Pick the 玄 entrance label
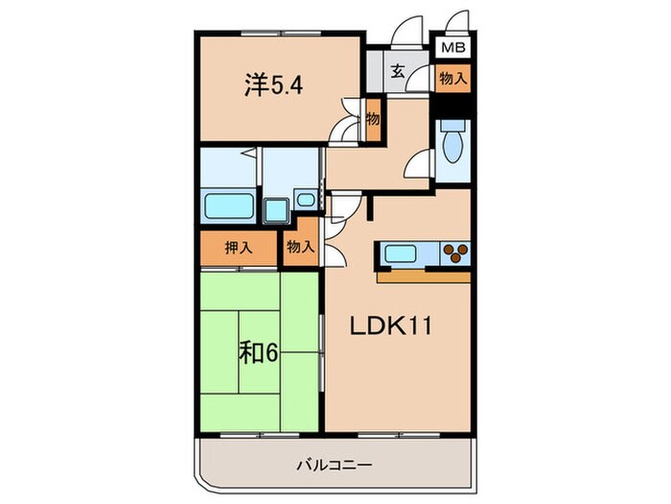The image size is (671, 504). pos(396,71)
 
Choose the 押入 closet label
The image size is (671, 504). pos(239,247)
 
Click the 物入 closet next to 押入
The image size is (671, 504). pos(300,247)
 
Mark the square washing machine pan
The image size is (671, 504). pos(277,207)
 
